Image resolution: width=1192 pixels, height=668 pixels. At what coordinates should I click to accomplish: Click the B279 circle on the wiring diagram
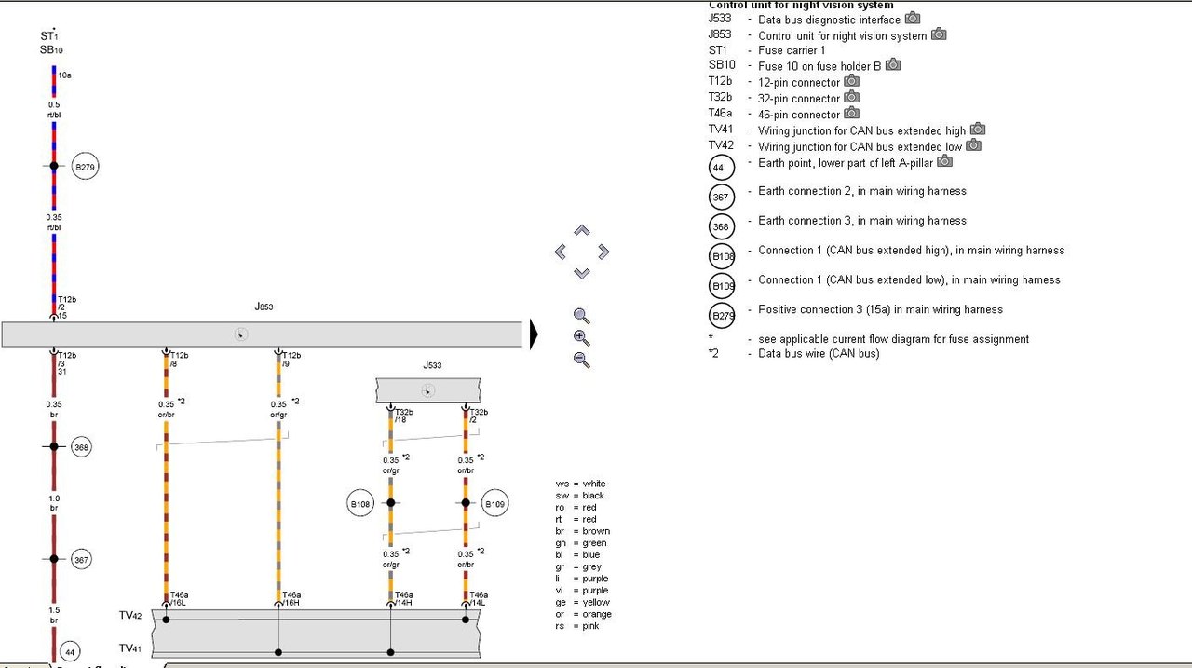tap(86, 168)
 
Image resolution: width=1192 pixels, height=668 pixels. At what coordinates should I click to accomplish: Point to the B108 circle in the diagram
tap(360, 503)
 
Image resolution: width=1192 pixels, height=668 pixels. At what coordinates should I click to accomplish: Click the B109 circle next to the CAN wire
tap(495, 503)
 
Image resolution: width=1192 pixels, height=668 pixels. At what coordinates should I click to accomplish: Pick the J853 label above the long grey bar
tap(264, 307)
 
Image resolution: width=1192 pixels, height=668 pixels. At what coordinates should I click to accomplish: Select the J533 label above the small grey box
tap(432, 365)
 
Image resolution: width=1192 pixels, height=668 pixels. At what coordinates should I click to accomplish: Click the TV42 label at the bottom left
tap(130, 617)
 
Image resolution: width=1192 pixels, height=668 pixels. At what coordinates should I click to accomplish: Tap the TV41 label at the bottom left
tap(130, 648)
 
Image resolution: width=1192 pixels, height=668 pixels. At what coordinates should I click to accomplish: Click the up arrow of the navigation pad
tap(582, 230)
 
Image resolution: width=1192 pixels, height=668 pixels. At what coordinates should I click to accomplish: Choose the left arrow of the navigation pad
tap(561, 252)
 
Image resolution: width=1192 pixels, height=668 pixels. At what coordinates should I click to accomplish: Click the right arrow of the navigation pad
tap(603, 252)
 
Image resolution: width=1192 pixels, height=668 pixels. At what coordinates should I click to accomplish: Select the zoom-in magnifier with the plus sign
tap(582, 338)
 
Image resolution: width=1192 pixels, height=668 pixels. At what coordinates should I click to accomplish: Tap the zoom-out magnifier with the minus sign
tap(582, 360)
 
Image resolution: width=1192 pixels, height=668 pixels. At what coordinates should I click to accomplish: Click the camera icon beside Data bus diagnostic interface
tap(913, 19)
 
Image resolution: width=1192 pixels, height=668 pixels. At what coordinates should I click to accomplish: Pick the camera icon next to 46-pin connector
tap(852, 114)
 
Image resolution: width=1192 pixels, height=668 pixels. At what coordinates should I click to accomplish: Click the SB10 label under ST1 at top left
tap(51, 50)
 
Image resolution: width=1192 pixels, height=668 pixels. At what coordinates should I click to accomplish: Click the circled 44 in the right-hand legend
tap(722, 168)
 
